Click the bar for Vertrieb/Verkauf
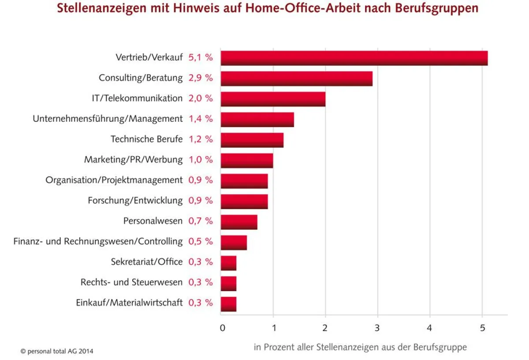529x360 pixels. [x=354, y=58]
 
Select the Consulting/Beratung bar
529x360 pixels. [x=296, y=79]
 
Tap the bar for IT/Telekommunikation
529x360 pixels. [x=273, y=99]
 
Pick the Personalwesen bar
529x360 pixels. [x=239, y=221]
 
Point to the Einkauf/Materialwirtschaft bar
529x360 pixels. [x=228, y=304]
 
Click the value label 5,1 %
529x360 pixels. [x=201, y=57]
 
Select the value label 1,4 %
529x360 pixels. [x=201, y=119]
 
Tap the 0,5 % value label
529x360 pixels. [x=201, y=241]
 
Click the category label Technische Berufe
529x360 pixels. [x=146, y=139]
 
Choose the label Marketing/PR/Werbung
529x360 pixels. [x=133, y=160]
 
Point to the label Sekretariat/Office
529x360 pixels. [x=146, y=262]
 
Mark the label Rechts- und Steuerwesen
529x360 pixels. [x=131, y=282]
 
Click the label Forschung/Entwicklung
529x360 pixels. [x=135, y=200]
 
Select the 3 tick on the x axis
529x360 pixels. [x=377, y=328]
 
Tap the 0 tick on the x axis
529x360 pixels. [x=223, y=328]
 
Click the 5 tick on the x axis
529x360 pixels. [x=482, y=328]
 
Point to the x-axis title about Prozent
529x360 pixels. [x=360, y=347]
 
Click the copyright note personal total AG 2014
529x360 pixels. [x=57, y=352]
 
